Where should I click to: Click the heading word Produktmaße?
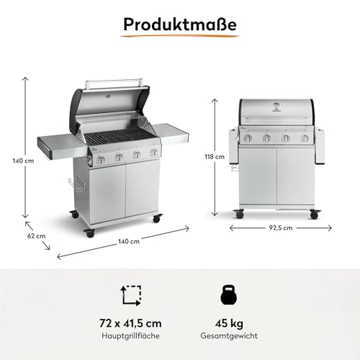point(180,24)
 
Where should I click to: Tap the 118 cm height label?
point(215,157)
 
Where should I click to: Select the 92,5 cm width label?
point(281,228)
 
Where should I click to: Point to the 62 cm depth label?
point(36,236)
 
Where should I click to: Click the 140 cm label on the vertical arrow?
point(23,161)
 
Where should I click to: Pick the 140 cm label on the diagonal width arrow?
point(129,241)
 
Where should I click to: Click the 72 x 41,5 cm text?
point(130,323)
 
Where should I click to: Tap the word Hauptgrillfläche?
point(130,336)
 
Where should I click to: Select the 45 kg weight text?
point(229,323)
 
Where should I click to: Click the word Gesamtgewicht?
point(229,336)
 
